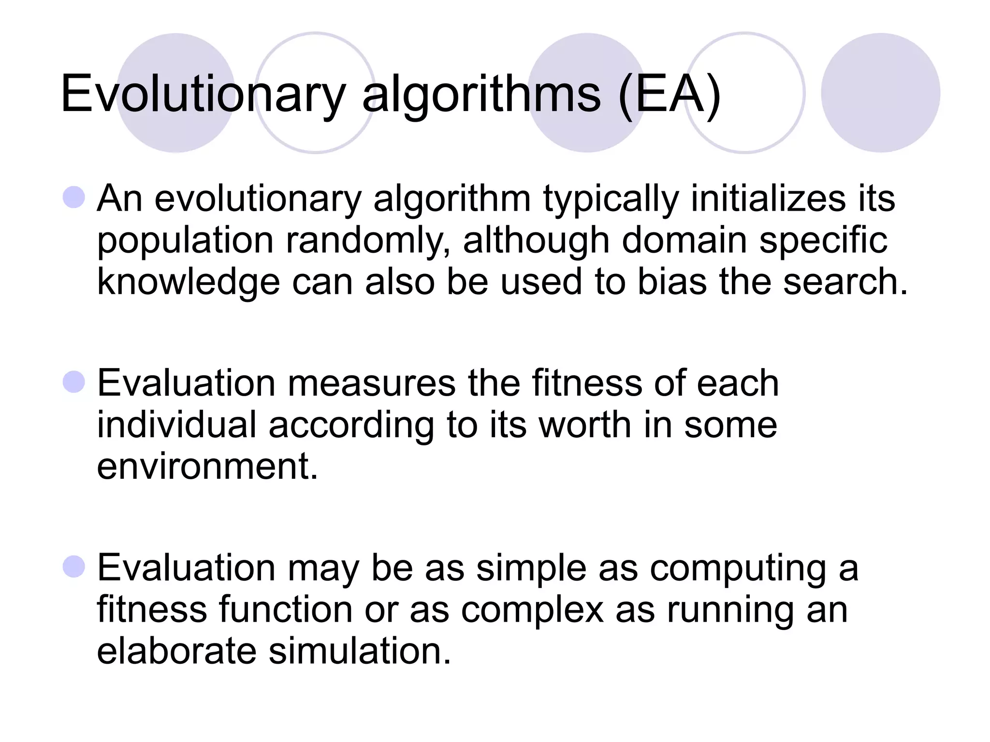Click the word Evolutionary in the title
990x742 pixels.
pos(203,94)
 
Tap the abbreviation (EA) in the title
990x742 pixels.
pos(670,94)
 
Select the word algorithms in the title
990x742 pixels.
pos(481,94)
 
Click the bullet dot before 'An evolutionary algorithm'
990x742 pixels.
pos(74,198)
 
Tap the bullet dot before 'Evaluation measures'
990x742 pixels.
pos(74,382)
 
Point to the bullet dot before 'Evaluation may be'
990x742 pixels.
pos(74,567)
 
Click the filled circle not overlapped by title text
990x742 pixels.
pos(880,93)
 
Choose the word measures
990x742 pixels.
pos(372,384)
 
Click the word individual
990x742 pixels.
pos(176,425)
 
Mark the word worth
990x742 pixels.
pos(585,425)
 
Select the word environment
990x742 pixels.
pos(207,467)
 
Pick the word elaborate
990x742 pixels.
pos(176,651)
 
